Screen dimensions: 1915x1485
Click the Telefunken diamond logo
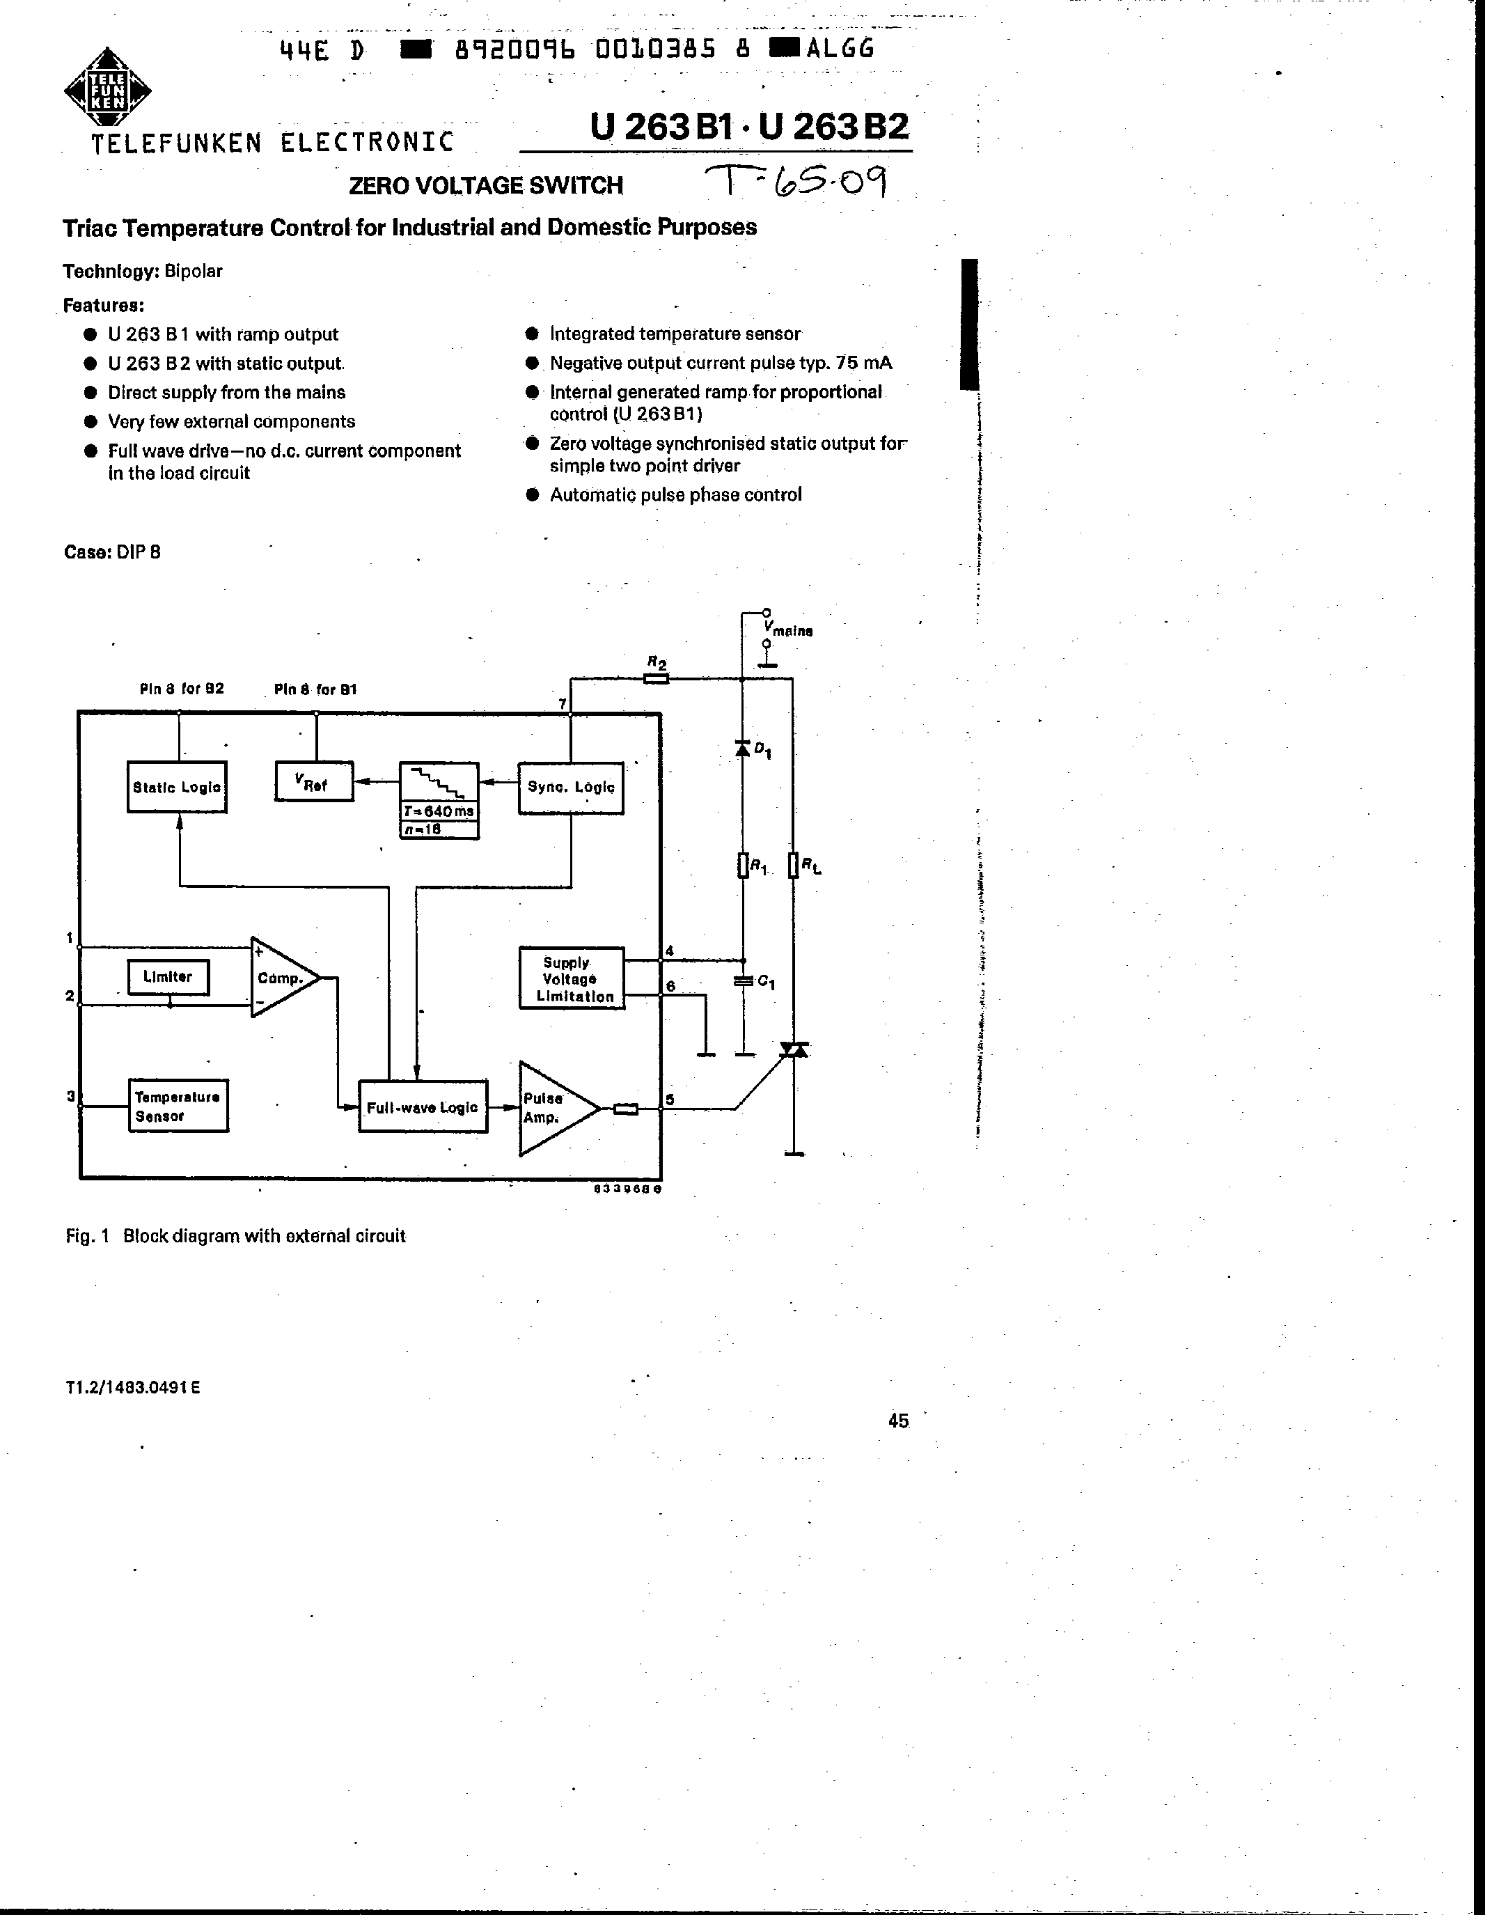(x=107, y=91)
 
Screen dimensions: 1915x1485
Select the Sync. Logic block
(x=571, y=788)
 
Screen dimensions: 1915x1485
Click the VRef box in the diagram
(x=314, y=782)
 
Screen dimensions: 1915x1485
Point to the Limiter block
(x=168, y=977)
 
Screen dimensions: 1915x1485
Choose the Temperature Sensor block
(x=178, y=1106)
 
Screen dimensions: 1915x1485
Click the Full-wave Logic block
(x=423, y=1107)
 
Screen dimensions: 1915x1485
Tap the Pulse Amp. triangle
(x=552, y=1109)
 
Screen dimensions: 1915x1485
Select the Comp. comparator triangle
(x=281, y=978)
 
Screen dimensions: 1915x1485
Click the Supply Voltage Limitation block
(x=572, y=978)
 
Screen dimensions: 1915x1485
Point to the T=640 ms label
(x=439, y=812)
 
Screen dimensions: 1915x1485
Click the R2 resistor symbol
(x=656, y=678)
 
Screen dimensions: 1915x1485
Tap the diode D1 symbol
(x=742, y=749)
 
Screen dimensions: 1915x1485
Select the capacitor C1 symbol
(x=744, y=981)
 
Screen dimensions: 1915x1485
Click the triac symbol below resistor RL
(x=794, y=1049)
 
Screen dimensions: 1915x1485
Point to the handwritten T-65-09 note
(x=798, y=182)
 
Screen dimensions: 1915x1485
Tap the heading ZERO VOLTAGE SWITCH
(x=486, y=186)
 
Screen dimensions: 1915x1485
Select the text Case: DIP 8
(x=112, y=552)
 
